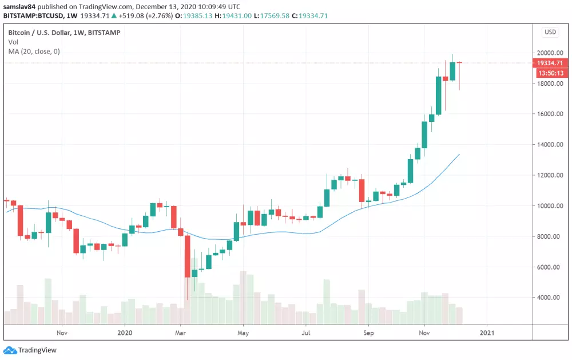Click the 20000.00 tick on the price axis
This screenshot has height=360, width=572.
[550, 53]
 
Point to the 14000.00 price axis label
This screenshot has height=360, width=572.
[550, 144]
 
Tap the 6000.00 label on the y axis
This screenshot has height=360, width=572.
[550, 267]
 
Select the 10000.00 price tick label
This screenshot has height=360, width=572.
[550, 206]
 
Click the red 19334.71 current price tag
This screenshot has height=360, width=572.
[550, 63]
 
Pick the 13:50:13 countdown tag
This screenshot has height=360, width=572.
[550, 73]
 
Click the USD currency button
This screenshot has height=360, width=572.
[550, 32]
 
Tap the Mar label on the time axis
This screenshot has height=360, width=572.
[181, 332]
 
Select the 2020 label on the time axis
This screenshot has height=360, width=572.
[125, 332]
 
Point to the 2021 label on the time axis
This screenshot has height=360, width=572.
[487, 332]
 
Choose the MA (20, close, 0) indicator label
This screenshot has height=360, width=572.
[34, 52]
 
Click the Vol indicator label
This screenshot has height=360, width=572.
[13, 42]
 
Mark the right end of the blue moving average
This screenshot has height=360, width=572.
[459, 154]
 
